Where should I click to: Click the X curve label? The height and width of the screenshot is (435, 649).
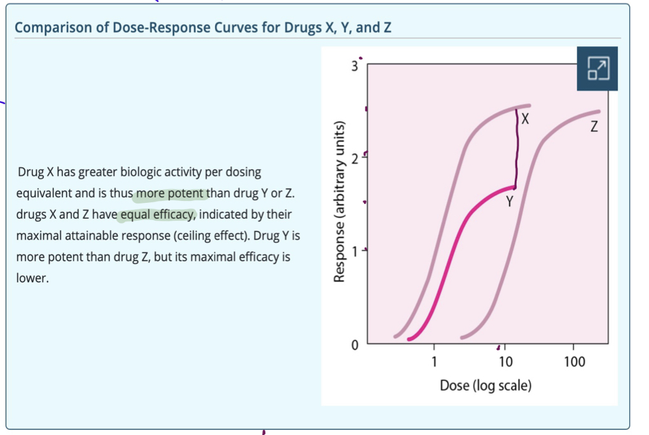pyautogui.click(x=524, y=118)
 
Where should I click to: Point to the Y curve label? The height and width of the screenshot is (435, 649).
pyautogui.click(x=509, y=202)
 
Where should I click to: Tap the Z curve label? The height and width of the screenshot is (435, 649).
pyautogui.click(x=594, y=127)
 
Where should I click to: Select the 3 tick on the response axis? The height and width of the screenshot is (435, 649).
pyautogui.click(x=356, y=67)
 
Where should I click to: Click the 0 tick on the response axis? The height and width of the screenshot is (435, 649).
pyautogui.click(x=356, y=345)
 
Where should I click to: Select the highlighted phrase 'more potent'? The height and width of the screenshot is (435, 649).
pyautogui.click(x=171, y=193)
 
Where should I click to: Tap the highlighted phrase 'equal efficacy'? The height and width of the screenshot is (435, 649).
pyautogui.click(x=157, y=214)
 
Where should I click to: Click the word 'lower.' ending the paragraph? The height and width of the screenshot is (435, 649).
pyautogui.click(x=32, y=279)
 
